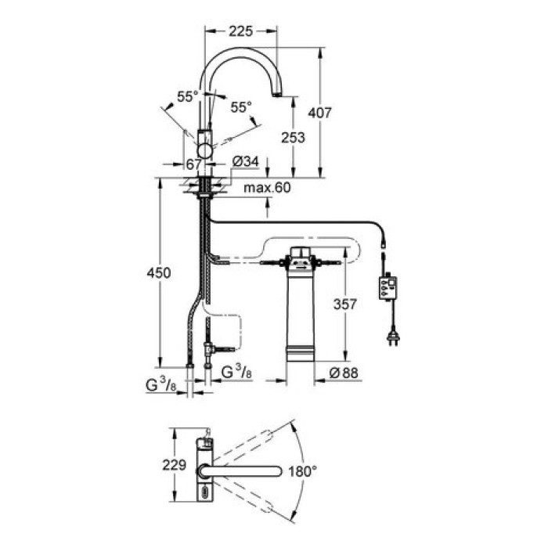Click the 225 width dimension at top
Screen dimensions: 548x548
click(x=241, y=31)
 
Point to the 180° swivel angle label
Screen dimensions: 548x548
click(x=302, y=471)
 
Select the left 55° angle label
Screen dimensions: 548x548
click(x=187, y=97)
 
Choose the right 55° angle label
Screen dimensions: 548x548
click(x=242, y=106)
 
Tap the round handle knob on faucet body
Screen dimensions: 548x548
click(x=206, y=150)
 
